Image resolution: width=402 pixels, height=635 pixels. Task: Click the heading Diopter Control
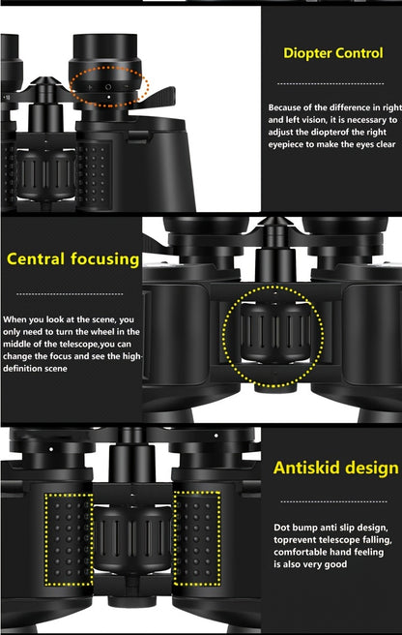(332, 53)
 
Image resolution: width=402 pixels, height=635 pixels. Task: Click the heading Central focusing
(73, 259)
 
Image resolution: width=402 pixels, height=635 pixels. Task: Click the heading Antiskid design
(335, 469)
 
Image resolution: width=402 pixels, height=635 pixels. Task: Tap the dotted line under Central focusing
(70, 293)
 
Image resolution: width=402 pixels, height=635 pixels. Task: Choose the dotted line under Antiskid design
(331, 502)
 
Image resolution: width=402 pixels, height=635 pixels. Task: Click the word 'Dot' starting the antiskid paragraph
(281, 526)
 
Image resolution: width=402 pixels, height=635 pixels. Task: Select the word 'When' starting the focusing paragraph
(14, 318)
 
